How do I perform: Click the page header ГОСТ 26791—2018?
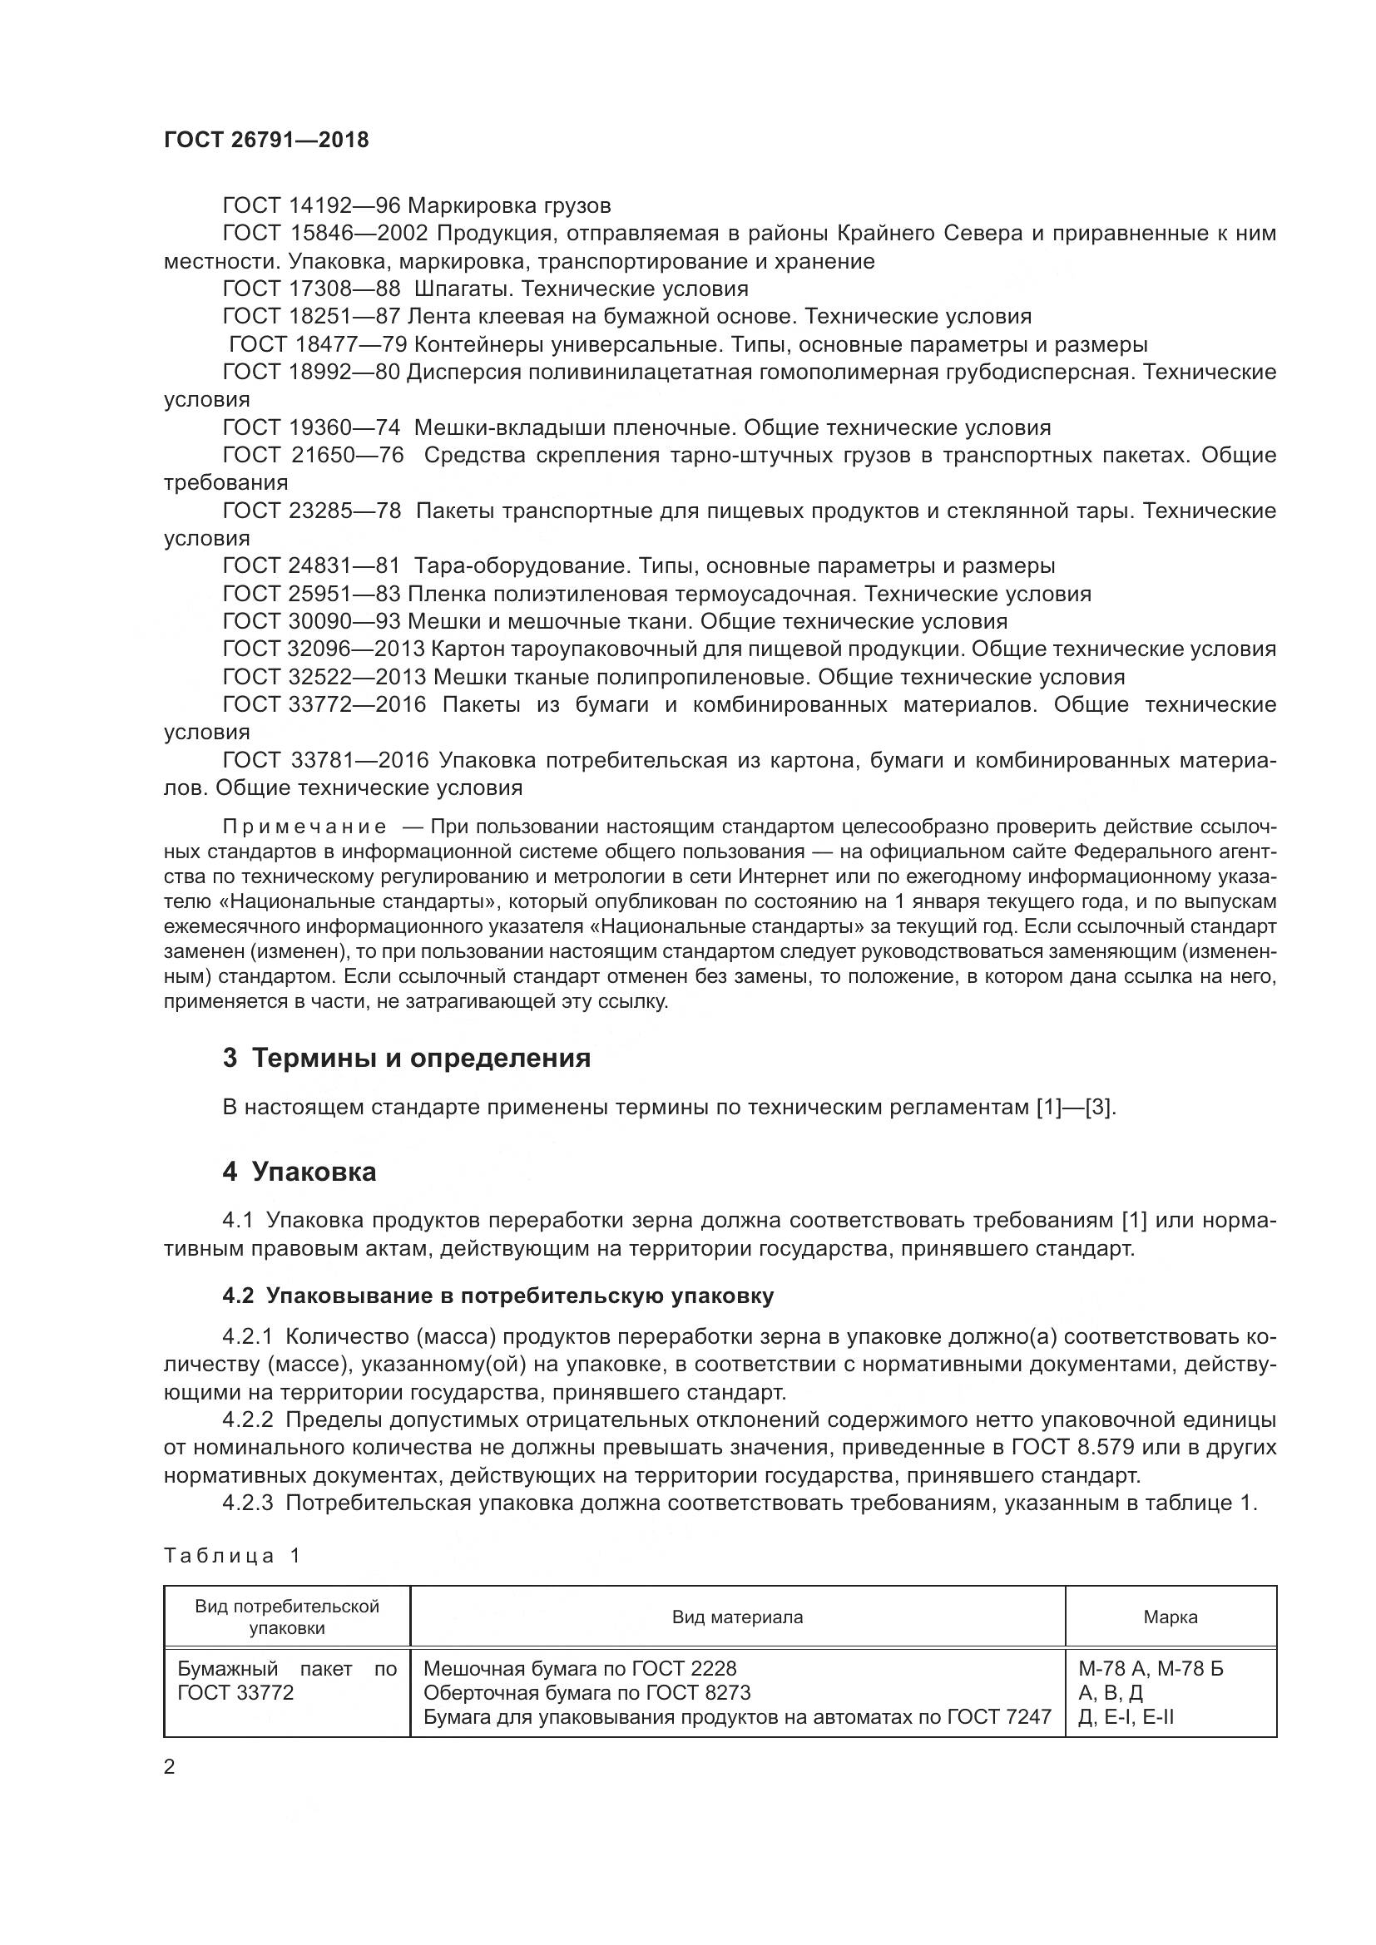266,141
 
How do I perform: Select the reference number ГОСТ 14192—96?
310,206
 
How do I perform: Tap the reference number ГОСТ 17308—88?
310,289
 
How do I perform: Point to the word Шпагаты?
463,289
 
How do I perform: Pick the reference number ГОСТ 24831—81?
310,566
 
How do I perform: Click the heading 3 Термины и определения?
406,1058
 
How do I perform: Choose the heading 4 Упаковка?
299,1172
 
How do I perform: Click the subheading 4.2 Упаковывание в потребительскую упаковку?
497,1296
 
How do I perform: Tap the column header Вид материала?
737,1617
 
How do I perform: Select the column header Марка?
1171,1617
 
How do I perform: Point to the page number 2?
170,1767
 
